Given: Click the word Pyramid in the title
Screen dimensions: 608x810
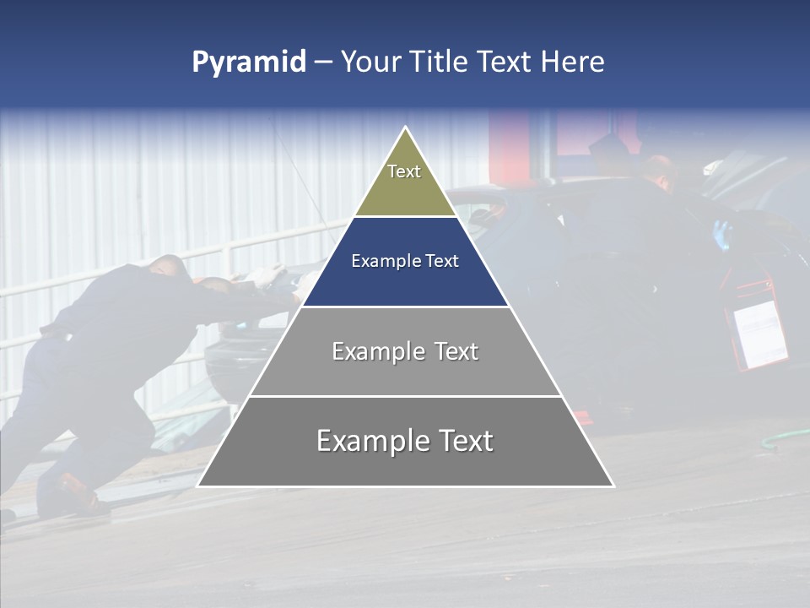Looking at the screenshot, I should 249,62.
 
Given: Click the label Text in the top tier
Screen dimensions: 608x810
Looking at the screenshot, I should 404,171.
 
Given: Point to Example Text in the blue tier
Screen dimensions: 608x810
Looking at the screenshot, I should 405,261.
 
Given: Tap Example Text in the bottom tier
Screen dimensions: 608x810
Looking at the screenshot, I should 405,441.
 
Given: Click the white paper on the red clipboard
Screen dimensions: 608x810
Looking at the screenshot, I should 759,334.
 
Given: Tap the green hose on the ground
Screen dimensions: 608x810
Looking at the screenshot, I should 785,439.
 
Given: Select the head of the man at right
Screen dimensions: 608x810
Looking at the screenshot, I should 659,169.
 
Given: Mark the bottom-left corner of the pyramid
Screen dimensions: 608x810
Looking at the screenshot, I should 198,486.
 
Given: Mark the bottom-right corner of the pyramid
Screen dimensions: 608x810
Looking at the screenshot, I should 613,486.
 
